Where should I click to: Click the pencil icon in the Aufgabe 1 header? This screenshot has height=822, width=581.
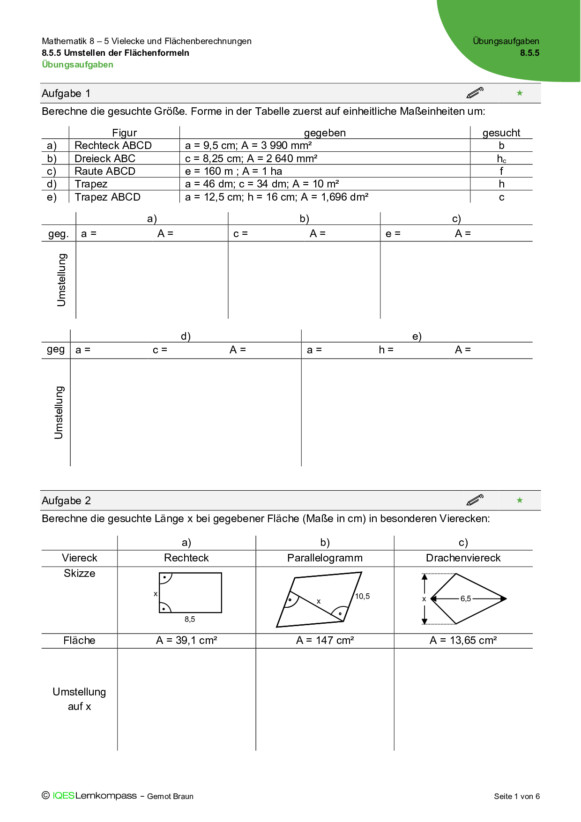[475, 93]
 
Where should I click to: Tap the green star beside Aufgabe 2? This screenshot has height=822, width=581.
[520, 501]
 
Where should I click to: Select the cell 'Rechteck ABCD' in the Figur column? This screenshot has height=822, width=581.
[113, 145]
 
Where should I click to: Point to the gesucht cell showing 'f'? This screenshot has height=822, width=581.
[501, 171]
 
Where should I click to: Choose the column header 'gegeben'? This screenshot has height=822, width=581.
[325, 133]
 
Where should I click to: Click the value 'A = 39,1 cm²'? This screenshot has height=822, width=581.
[186, 640]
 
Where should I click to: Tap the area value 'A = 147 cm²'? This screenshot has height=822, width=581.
[325, 640]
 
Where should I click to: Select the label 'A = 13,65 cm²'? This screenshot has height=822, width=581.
[463, 640]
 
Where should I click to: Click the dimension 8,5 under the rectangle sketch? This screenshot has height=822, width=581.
[190, 619]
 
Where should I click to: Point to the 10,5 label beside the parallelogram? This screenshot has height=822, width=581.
[362, 596]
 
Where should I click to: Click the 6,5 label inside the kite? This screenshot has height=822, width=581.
[466, 598]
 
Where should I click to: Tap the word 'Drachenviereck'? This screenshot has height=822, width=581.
[463, 558]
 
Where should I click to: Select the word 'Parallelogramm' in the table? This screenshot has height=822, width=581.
[325, 558]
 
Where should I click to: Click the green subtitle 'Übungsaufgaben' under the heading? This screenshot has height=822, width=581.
[78, 65]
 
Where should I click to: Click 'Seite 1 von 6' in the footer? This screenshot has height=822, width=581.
[516, 796]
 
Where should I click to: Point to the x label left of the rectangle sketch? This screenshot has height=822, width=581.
[156, 594]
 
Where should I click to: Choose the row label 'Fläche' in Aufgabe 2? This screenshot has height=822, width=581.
[79, 640]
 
